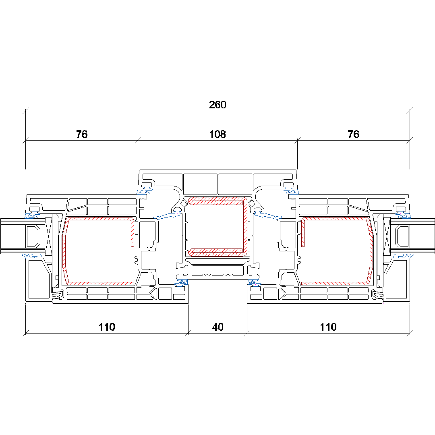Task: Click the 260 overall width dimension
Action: tap(217, 105)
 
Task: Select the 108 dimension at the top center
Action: tap(217, 134)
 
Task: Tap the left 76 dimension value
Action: tap(82, 134)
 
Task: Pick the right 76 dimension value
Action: tap(353, 134)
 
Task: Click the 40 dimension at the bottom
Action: tap(218, 327)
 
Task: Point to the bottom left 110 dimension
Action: tap(107, 327)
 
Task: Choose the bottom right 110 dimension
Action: tap(328, 327)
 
